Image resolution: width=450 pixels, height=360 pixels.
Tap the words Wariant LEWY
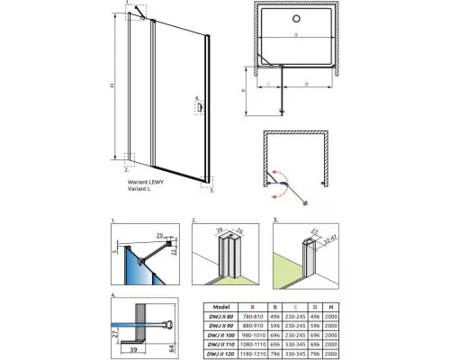pos(148,181)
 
